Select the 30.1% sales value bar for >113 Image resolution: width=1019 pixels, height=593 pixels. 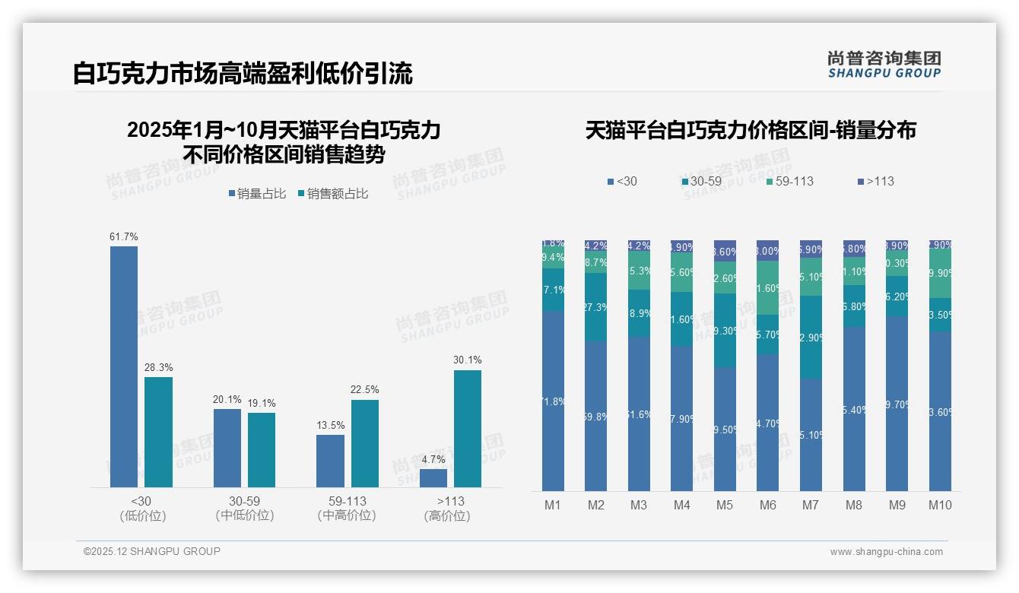pos(468,429)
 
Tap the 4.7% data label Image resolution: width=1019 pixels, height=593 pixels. pos(433,459)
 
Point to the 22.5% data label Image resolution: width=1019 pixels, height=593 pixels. pos(364,390)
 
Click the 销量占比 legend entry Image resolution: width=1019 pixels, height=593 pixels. pos(257,194)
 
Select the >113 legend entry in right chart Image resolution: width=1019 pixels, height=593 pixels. pos(875,181)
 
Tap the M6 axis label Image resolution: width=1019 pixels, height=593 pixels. pos(767,505)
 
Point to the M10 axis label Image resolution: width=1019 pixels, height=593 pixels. pos(940,505)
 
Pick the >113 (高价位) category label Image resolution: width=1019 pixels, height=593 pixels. pos(446,508)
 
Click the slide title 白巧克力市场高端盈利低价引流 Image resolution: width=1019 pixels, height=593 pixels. pos(243,74)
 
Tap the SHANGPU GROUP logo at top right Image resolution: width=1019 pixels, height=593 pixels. pos(884,64)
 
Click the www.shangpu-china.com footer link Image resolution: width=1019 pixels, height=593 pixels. pos(886,552)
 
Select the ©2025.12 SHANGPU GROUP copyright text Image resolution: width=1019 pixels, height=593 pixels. pos(151,551)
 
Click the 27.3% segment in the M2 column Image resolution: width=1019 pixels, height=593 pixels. pos(596,307)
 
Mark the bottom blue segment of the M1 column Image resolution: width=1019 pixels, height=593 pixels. pos(553,401)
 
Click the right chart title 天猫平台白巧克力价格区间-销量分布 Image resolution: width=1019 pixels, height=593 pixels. pos(750,131)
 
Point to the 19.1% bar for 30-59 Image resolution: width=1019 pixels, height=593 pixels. pos(262,450)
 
